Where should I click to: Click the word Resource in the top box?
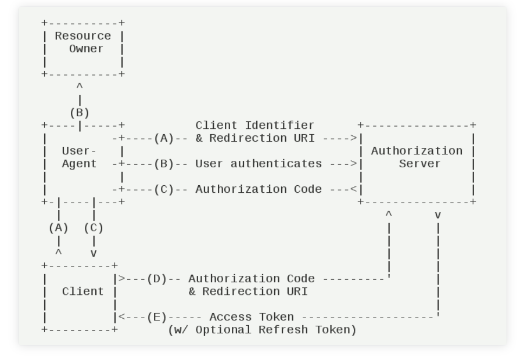tap(82, 36)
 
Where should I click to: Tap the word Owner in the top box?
tap(86, 49)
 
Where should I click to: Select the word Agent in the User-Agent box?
tap(79, 164)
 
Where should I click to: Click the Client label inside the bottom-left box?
tap(82, 291)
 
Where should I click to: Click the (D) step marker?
tap(157, 279)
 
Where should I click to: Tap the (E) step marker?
tap(157, 317)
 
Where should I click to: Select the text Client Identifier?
tap(254, 125)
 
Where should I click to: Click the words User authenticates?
tap(258, 164)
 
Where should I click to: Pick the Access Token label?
tap(251, 317)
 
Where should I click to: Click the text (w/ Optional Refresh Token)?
tap(261, 330)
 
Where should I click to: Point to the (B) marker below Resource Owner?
tap(80, 113)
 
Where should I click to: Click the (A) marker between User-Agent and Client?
tap(58, 228)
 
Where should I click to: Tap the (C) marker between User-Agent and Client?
tap(94, 228)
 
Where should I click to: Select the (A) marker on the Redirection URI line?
tap(164, 138)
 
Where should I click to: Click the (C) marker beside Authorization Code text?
tap(164, 189)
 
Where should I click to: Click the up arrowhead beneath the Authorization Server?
tap(389, 215)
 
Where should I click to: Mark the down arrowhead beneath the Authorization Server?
tap(437, 215)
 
